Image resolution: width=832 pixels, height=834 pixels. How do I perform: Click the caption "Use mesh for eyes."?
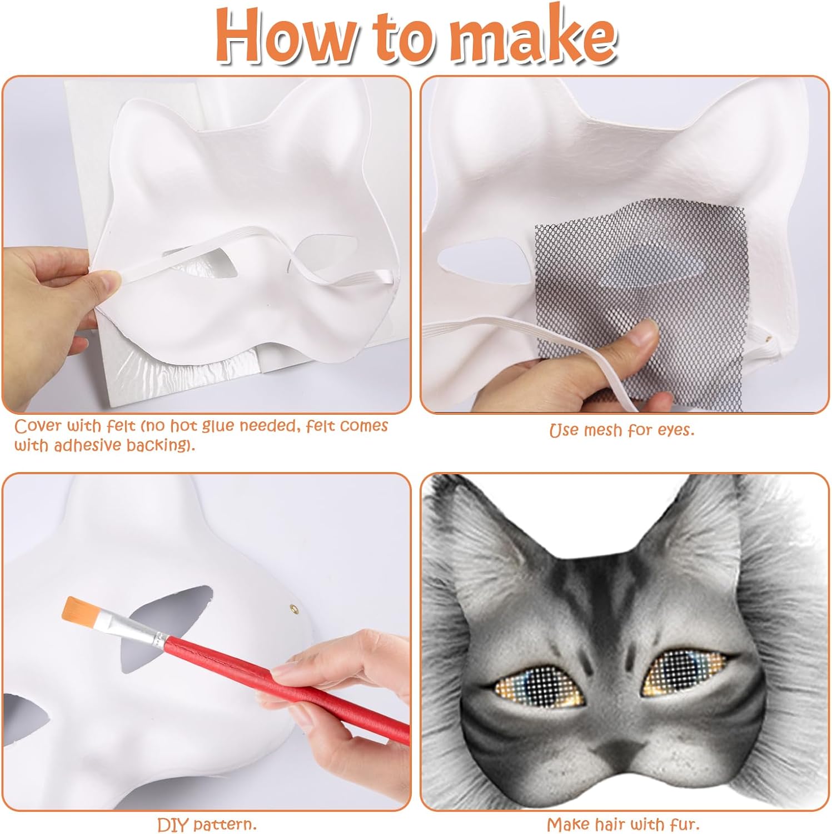(622, 429)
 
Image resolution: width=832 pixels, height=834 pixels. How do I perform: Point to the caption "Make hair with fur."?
(623, 823)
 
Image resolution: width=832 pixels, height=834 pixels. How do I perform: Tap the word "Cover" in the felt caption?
(38, 426)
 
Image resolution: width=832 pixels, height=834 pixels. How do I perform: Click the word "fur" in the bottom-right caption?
(684, 823)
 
